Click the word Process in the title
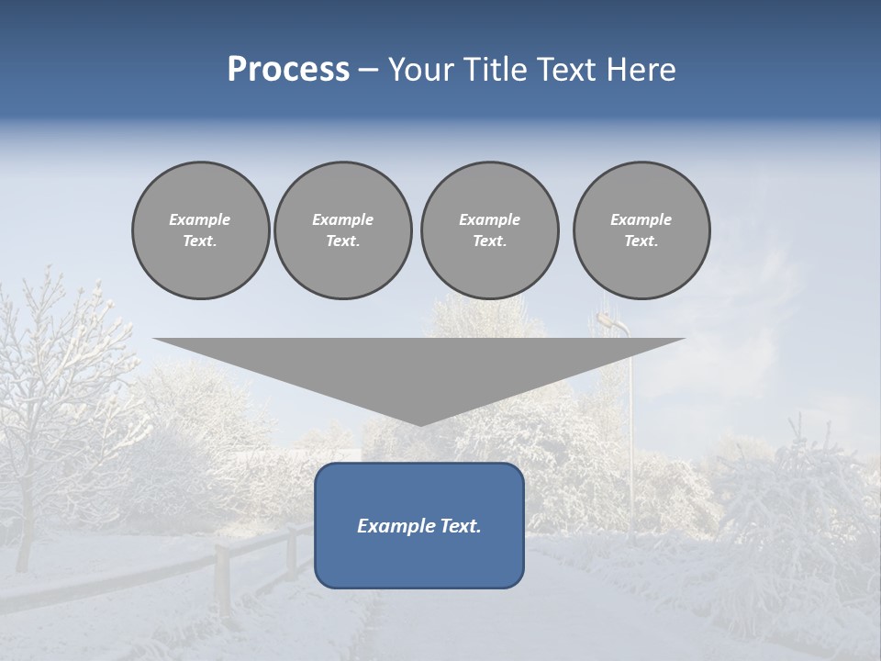tap(288, 70)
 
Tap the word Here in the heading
tap(641, 70)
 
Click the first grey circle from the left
tap(200, 230)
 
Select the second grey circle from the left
tap(342, 230)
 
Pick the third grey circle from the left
tap(489, 230)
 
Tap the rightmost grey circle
tap(641, 230)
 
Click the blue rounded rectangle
tap(418, 560)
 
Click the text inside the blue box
tap(418, 526)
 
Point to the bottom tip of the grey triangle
tap(419, 424)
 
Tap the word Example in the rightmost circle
tap(641, 219)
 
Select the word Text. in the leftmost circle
tap(200, 241)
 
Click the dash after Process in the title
tap(368, 71)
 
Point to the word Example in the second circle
tap(342, 219)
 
